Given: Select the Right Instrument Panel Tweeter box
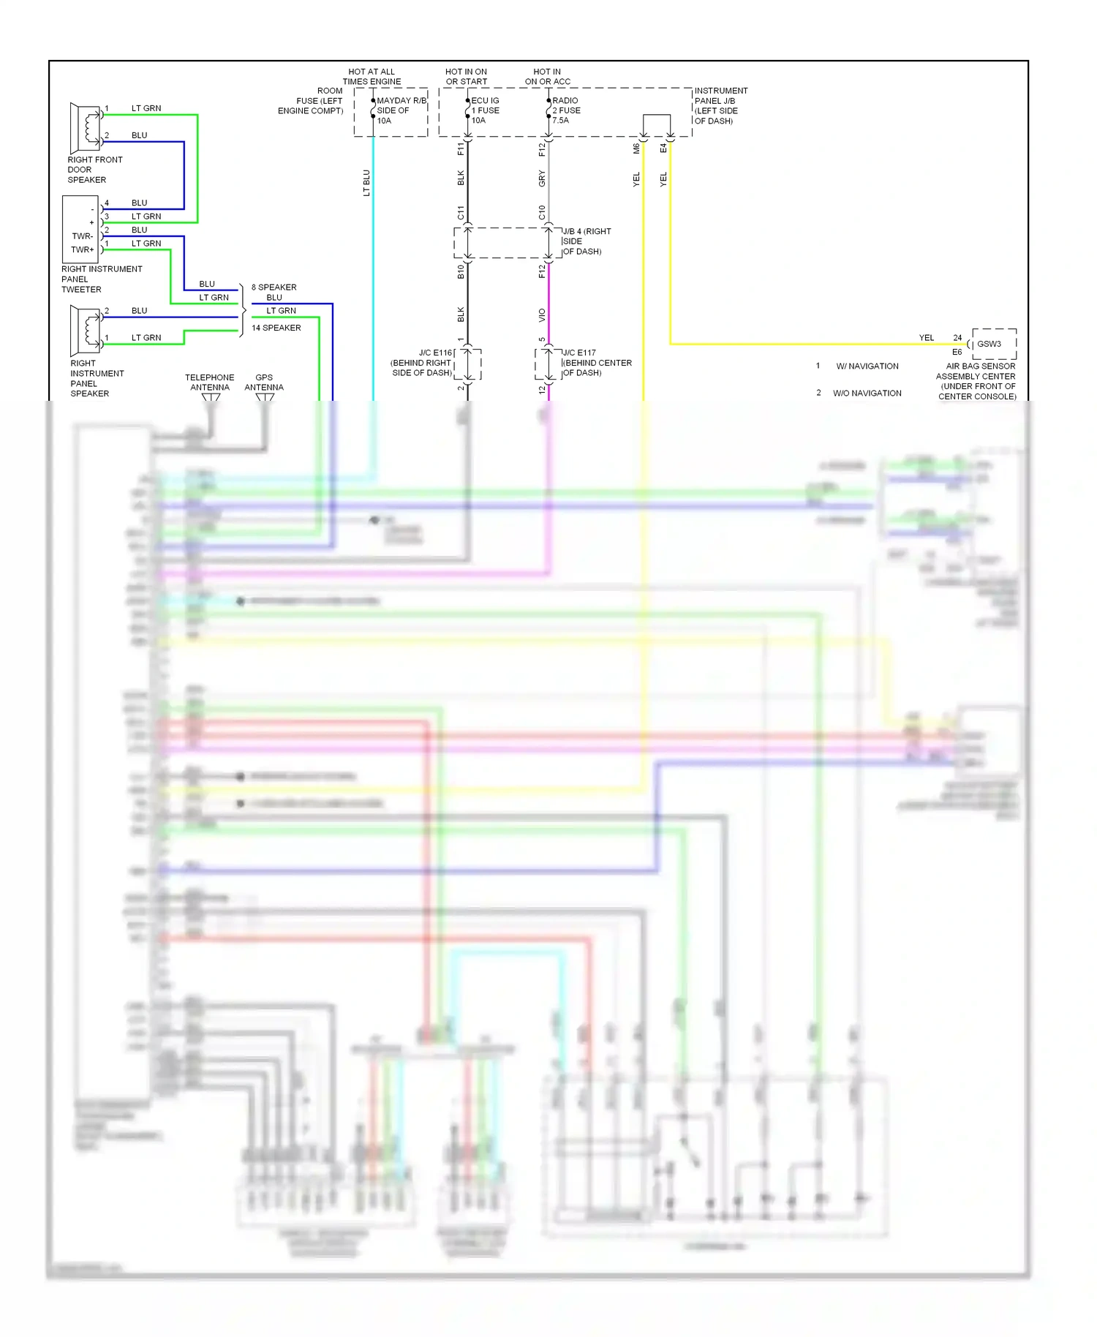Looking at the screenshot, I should pyautogui.click(x=80, y=229).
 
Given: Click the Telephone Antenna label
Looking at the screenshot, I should pyautogui.click(x=210, y=383).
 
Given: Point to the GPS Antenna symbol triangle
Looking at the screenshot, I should pyautogui.click(x=265, y=398).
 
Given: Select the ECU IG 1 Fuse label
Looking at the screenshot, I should pyautogui.click(x=485, y=110).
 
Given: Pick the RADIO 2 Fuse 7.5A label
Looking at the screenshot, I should pyautogui.click(x=566, y=110).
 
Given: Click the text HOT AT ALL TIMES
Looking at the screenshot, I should pyautogui.click(x=372, y=77).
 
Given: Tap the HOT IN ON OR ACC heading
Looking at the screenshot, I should pyautogui.click(x=547, y=77).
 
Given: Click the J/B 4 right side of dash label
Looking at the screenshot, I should pyautogui.click(x=586, y=241).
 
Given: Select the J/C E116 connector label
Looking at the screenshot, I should pyautogui.click(x=423, y=363).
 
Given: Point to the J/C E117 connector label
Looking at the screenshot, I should pyautogui.click(x=596, y=363).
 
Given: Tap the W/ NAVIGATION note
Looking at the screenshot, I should pyautogui.click(x=867, y=366).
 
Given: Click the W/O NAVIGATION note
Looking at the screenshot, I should pyautogui.click(x=867, y=393).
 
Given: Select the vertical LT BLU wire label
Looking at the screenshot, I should pyautogui.click(x=366, y=183).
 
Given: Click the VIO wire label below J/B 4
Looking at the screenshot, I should pyautogui.click(x=542, y=315).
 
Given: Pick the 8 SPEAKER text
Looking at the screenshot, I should pyautogui.click(x=274, y=287).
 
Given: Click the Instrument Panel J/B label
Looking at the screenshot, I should pyautogui.click(x=720, y=106).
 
